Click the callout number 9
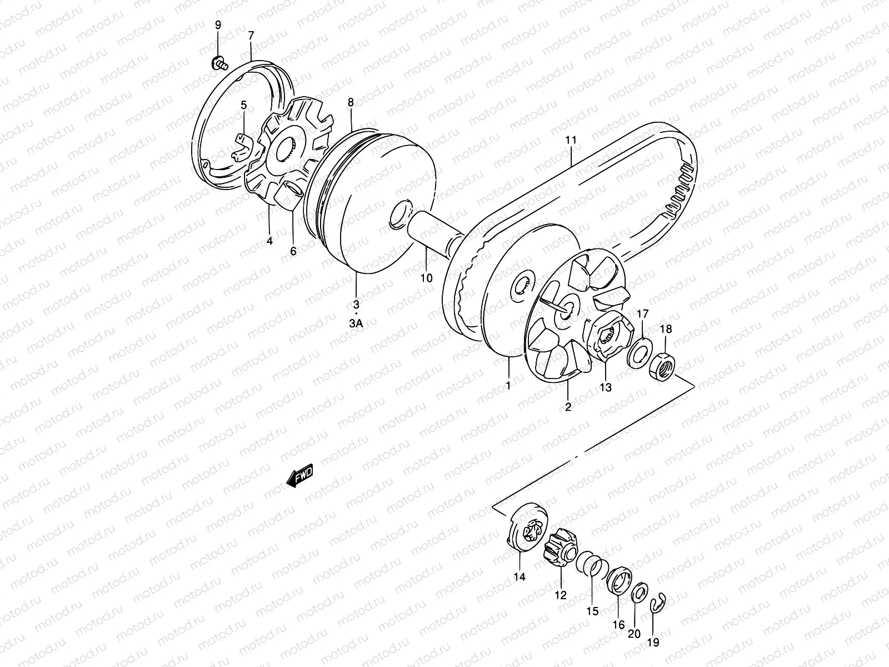click(218, 25)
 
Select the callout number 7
click(251, 36)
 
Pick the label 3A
click(356, 324)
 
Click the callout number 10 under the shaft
click(426, 278)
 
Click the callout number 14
click(519, 577)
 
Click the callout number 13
click(605, 387)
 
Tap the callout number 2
click(568, 406)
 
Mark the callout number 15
click(592, 611)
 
